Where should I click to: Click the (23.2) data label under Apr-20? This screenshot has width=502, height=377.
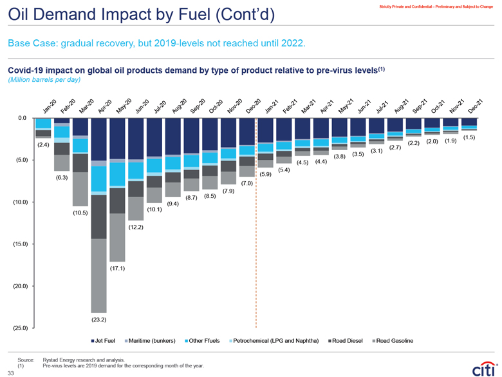98,319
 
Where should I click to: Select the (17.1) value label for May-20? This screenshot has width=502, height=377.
117,267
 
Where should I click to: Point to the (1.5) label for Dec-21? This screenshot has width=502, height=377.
469,137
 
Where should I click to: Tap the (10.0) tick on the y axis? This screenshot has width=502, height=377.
19,202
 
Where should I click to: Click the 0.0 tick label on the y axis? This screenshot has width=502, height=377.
22,119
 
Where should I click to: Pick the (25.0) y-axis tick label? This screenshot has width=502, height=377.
19,328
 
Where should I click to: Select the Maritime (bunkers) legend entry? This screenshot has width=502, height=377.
153,340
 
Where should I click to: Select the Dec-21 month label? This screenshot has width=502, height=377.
474,107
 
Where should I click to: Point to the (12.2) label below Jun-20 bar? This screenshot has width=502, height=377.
135,227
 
